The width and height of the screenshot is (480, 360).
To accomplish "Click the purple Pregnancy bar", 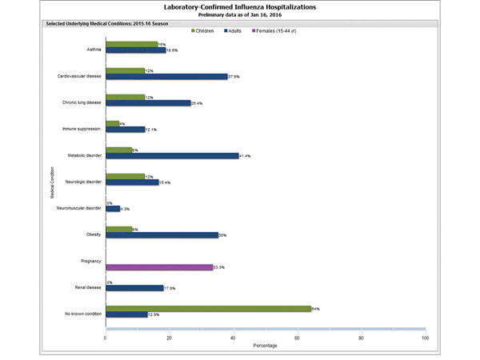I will [158, 267].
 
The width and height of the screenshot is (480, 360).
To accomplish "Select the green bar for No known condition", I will [208, 308].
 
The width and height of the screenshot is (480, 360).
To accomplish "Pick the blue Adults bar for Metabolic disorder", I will [172, 155].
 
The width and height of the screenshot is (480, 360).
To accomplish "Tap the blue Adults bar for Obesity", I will [162, 235].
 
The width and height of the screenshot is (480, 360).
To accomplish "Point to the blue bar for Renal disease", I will [134, 288].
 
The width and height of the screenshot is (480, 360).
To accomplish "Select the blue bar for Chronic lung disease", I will [148, 102].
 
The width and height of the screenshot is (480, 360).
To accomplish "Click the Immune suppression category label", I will [82, 128].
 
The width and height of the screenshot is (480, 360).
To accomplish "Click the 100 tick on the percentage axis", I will [425, 338].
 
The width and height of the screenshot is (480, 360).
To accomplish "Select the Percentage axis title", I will [266, 346].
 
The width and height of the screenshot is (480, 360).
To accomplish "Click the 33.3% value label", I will [219, 267].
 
